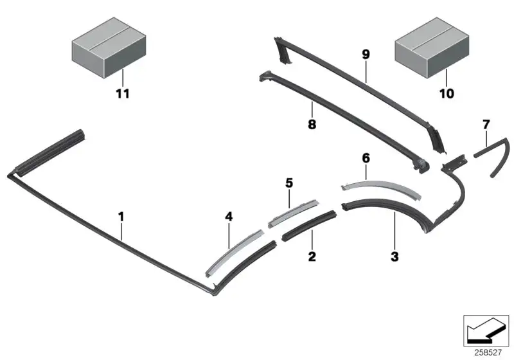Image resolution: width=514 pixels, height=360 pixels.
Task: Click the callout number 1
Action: pyautogui.click(x=121, y=217)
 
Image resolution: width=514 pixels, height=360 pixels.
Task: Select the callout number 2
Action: pyautogui.click(x=312, y=256)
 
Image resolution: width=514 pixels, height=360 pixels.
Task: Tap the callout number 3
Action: pyautogui.click(x=394, y=256)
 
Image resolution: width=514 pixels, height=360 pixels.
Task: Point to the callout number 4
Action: pyautogui.click(x=229, y=217)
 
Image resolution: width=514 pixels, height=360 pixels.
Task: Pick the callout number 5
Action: pyautogui.click(x=288, y=183)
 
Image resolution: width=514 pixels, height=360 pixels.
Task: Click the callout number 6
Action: pyautogui.click(x=366, y=158)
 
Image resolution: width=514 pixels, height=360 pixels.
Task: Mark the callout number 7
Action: pyautogui.click(x=486, y=125)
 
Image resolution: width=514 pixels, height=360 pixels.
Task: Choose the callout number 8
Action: pyautogui.click(x=312, y=124)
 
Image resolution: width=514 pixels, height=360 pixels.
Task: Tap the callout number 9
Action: pyautogui.click(x=366, y=54)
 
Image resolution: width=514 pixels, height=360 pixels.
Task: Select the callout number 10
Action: pyautogui.click(x=447, y=93)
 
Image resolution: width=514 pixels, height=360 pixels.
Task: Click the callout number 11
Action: pyautogui.click(x=123, y=94)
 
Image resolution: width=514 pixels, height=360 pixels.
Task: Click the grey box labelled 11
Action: pyautogui.click(x=109, y=48)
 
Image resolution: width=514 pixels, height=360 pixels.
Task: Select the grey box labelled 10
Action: pyautogui.click(x=432, y=48)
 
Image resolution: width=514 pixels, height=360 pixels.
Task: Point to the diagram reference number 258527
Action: pyautogui.click(x=488, y=352)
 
